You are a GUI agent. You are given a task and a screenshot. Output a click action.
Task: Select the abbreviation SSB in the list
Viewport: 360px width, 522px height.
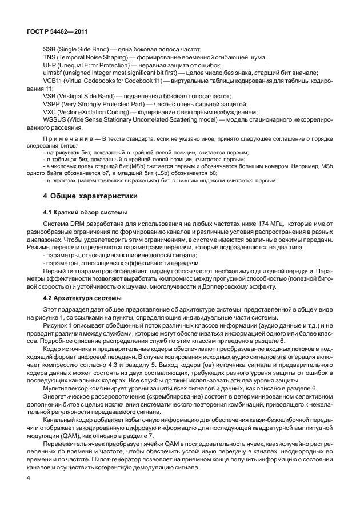50,50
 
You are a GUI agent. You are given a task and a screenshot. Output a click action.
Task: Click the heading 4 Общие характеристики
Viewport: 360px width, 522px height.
90,196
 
